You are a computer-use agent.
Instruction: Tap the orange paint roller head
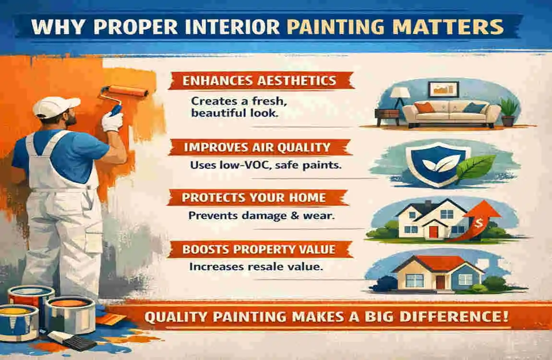[128, 91]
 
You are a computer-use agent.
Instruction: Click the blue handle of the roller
[115, 109]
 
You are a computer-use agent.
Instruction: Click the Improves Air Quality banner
[259, 147]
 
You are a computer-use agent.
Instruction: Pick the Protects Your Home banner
[257, 197]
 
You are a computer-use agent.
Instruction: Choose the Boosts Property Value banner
[259, 249]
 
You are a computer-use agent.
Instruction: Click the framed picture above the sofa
[444, 89]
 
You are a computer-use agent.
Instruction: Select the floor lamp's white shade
[400, 93]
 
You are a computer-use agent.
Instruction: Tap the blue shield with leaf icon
[438, 164]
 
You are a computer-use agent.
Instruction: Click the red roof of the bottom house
[438, 263]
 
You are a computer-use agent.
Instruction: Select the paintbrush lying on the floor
[72, 340]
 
